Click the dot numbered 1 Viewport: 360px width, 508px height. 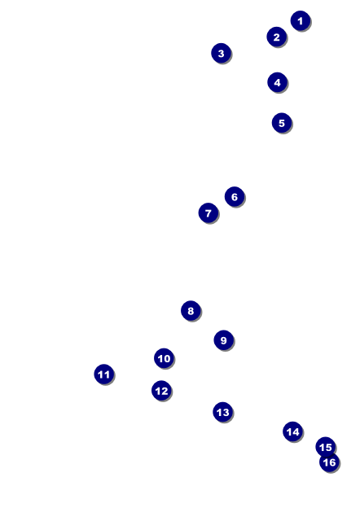[301, 20]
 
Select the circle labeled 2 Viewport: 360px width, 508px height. [276, 37]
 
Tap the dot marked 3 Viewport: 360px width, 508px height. [221, 53]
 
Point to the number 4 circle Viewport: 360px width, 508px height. [277, 82]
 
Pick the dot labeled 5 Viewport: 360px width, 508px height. [282, 123]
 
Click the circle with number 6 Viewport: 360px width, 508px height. [235, 196]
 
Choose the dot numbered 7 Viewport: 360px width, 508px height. [209, 212]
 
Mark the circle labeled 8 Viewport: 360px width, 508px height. [191, 311]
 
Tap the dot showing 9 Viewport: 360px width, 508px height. [224, 340]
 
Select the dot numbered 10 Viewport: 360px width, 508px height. [164, 358]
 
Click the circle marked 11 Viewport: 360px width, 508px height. [103, 374]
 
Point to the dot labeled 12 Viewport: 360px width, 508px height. [161, 391]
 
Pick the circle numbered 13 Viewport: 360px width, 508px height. [222, 412]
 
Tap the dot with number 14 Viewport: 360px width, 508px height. [292, 431]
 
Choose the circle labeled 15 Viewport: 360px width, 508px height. [325, 447]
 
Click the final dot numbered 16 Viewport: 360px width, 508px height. [329, 462]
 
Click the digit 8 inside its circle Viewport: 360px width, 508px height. [191, 311]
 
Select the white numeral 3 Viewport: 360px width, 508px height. [221, 54]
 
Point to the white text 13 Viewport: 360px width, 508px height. [222, 413]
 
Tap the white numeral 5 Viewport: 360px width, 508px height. [282, 123]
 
